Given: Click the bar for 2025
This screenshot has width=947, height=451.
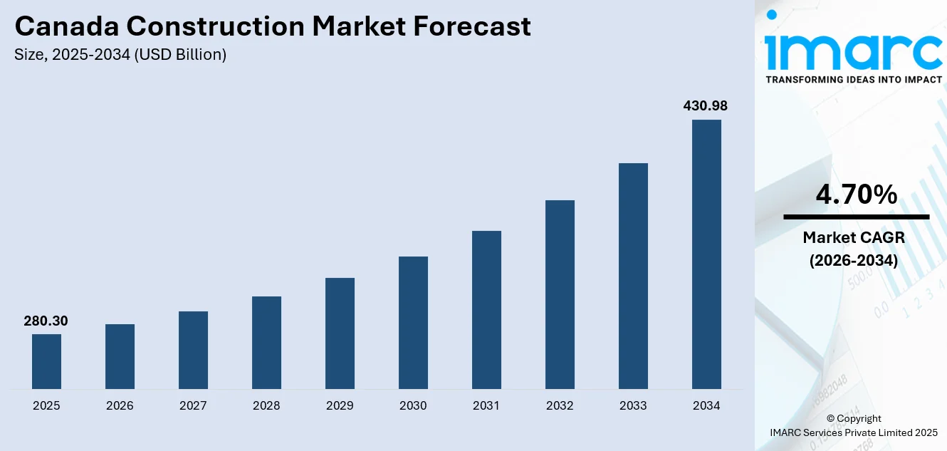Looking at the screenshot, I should (x=46, y=361).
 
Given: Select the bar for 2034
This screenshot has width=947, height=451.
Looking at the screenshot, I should (x=706, y=254).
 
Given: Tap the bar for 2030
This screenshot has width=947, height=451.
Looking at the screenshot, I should (x=413, y=323).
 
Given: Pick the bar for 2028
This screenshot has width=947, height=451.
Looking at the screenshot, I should (x=266, y=343).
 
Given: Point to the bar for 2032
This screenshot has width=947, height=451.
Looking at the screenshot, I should (x=560, y=294).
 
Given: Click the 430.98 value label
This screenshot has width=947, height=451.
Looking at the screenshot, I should (x=705, y=106).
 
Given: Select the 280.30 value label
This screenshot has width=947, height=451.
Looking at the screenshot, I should (x=46, y=321).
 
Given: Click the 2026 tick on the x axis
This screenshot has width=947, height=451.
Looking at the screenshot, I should (x=120, y=406).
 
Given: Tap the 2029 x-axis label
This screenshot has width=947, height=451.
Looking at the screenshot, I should (x=340, y=406).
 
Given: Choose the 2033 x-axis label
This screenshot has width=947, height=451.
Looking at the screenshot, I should (x=633, y=406).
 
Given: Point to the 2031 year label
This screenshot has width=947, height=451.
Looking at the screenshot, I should (x=486, y=406).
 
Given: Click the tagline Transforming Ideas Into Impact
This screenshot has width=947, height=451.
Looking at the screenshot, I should (x=853, y=80).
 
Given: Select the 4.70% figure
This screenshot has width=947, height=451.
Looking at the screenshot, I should (x=856, y=195).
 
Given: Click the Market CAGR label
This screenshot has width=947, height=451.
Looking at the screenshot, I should (x=853, y=237).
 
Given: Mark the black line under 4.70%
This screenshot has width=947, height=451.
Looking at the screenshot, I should (x=856, y=217).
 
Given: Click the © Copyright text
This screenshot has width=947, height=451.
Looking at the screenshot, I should (x=854, y=419).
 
